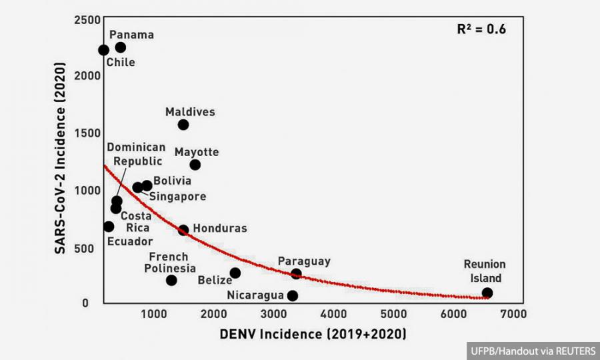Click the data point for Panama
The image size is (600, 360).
click(x=120, y=47)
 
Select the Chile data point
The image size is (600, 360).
click(x=103, y=50)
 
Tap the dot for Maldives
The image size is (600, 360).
click(x=183, y=125)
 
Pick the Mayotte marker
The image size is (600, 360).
click(x=195, y=165)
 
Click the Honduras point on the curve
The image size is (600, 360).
click(x=183, y=230)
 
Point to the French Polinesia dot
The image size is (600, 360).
click(x=171, y=280)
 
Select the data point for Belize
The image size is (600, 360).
click(x=235, y=273)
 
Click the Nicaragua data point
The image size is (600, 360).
click(x=292, y=295)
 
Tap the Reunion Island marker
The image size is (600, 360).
click(x=487, y=293)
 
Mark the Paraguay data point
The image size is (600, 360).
click(x=296, y=273)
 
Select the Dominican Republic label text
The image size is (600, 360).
click(x=136, y=154)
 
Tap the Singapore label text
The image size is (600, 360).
click(x=177, y=196)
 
